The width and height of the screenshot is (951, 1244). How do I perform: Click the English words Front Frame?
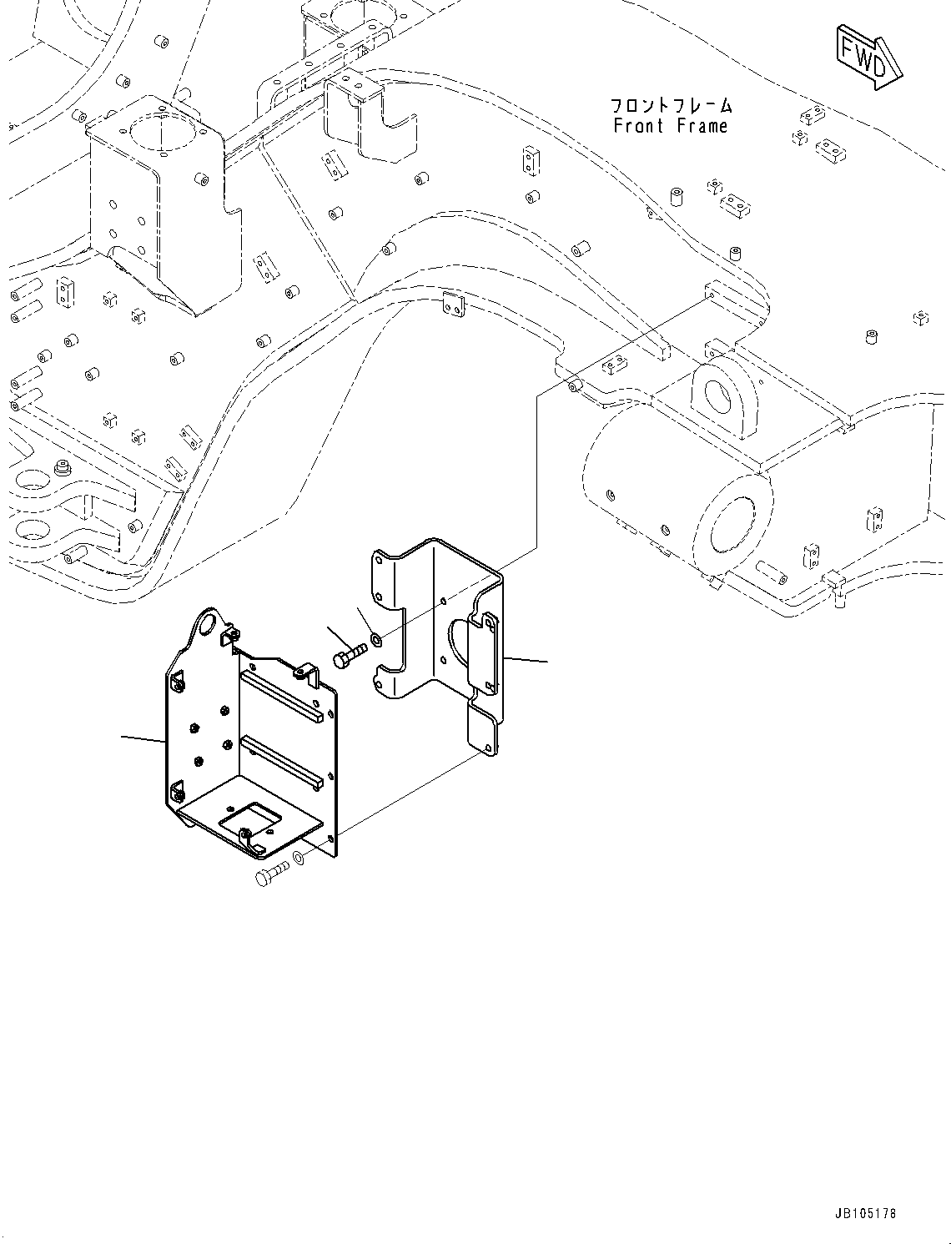(x=671, y=126)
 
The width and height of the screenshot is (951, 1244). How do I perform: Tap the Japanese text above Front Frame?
(x=671, y=106)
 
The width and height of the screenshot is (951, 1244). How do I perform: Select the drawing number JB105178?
(x=863, y=1213)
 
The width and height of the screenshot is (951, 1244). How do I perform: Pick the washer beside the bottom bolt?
(x=299, y=860)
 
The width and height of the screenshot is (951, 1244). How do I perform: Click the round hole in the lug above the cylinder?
(x=719, y=393)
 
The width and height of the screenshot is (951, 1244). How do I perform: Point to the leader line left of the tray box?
(x=143, y=738)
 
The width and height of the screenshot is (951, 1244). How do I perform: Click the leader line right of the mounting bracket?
(x=526, y=660)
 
